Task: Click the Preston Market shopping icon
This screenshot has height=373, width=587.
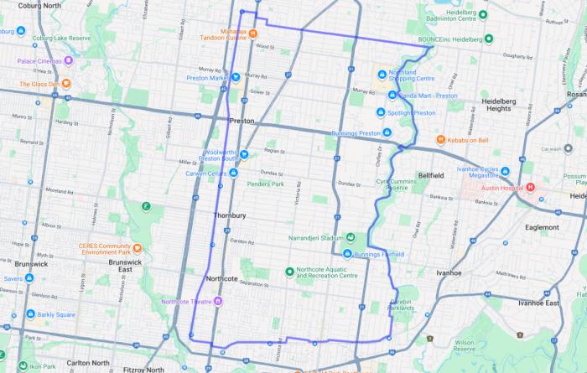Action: [x=236, y=79]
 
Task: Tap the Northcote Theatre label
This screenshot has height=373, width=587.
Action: [x=188, y=301]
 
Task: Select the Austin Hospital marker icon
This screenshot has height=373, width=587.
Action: [x=530, y=188]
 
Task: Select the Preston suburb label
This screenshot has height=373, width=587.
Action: [x=241, y=121]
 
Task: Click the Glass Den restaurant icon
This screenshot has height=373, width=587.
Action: [x=65, y=84]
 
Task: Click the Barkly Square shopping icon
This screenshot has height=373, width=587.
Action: [x=30, y=314]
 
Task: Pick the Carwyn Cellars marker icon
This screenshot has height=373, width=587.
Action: [x=233, y=174]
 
